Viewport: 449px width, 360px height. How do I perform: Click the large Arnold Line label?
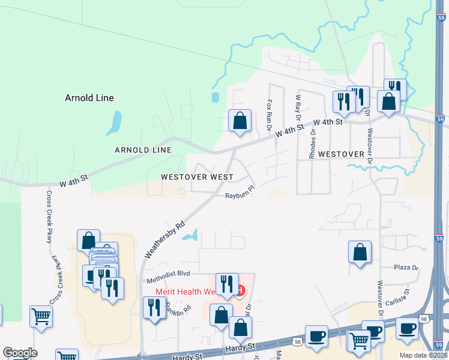(x=89, y=98)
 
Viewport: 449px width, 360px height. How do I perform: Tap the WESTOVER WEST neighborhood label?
(x=197, y=177)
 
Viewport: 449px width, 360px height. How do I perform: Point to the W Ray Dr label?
(x=298, y=109)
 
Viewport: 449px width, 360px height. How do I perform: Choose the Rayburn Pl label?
(x=241, y=196)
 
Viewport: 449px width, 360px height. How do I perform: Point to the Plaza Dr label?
(x=405, y=267)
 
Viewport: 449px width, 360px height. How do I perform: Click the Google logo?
(x=20, y=353)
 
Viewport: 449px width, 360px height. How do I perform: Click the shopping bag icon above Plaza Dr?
(x=360, y=253)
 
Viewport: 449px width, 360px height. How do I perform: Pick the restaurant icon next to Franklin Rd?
(x=155, y=308)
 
